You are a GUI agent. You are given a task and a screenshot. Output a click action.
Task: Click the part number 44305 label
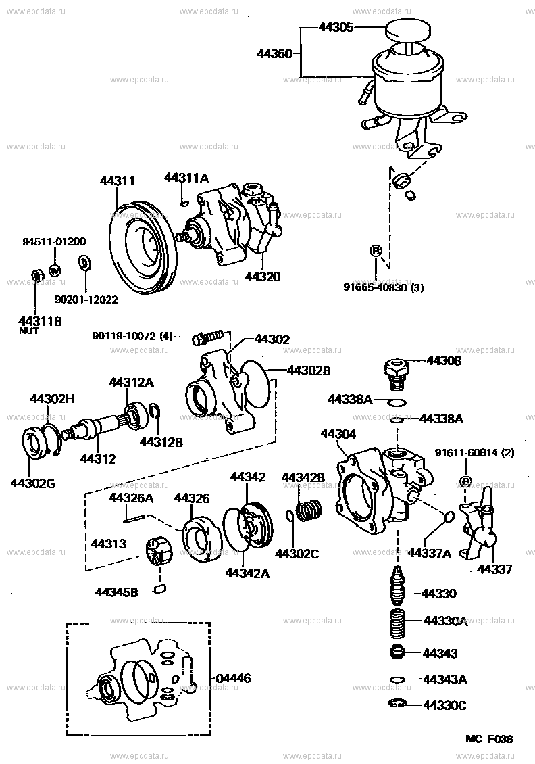coord(336,28)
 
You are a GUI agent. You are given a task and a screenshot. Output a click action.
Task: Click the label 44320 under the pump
coord(262,277)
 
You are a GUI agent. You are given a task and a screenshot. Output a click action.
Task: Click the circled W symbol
coord(55,270)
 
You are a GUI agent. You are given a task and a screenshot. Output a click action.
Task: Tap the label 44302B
coord(309,371)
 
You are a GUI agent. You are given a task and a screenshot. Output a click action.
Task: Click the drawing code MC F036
coord(488,739)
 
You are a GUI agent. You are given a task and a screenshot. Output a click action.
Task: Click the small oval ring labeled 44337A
coord(447,518)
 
